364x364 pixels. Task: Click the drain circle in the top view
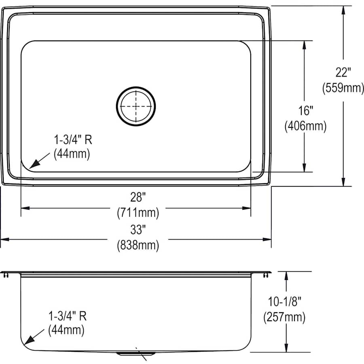coord(136,106)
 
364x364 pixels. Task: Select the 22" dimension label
coord(343,72)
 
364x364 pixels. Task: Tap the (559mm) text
coord(343,88)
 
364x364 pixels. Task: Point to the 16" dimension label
coord(305,110)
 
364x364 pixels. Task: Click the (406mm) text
coord(305,126)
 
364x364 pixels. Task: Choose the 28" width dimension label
coord(138,197)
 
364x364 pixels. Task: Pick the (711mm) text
coord(138,212)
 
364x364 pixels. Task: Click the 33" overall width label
coord(138,230)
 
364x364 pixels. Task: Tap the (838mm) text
coord(138,245)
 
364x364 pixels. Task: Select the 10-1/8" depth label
coord(286,302)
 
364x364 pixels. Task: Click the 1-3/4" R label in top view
coord(73,140)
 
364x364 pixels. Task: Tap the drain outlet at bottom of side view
coord(136,353)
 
